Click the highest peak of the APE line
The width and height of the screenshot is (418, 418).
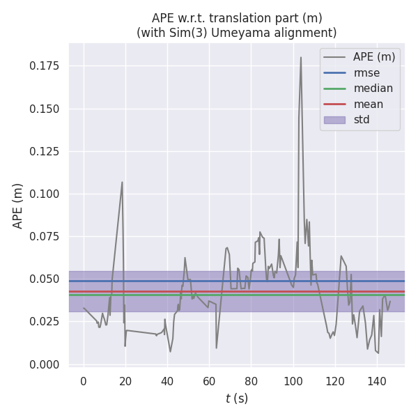301,58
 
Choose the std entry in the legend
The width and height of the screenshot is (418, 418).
361,120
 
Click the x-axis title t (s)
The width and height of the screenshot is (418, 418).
237,398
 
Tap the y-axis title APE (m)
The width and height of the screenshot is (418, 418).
18,206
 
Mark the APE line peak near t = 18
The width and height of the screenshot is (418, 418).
122,183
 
